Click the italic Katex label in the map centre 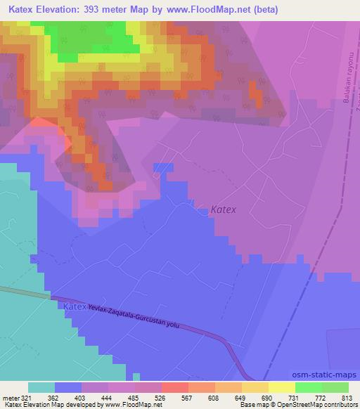(x=224, y=209)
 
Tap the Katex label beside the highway (x=75, y=307)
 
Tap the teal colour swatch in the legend (x=41, y=387)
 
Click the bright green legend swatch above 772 (x=308, y=387)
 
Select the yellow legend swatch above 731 (x=281, y=387)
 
